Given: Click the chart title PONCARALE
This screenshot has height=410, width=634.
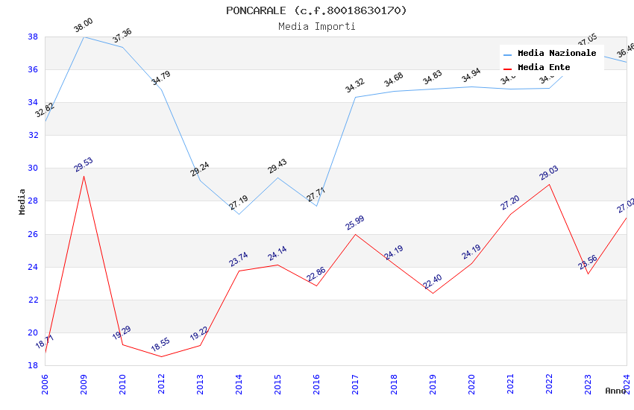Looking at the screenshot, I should click(x=316, y=10).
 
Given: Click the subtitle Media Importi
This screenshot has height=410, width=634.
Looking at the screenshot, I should click(x=316, y=26).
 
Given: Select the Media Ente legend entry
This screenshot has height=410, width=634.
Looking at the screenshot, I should click(x=544, y=67).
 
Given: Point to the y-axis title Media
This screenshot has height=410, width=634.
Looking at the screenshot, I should click(x=22, y=201).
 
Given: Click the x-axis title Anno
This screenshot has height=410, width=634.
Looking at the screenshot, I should click(x=615, y=391).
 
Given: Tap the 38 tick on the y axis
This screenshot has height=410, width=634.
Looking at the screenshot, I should click(x=33, y=37).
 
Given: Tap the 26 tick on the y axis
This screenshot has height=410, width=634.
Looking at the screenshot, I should click(x=33, y=234).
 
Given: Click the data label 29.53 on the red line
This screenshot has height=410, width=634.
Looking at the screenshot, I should click(x=83, y=165).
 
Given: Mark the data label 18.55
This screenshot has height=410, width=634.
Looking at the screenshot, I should click(x=160, y=346).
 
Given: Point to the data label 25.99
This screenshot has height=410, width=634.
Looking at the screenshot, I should click(x=354, y=223).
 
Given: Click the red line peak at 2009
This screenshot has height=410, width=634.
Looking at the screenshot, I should click(x=84, y=176).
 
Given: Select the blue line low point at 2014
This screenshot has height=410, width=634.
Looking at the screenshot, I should click(x=239, y=214).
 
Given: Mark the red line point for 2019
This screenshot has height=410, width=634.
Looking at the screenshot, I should click(x=433, y=293).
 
